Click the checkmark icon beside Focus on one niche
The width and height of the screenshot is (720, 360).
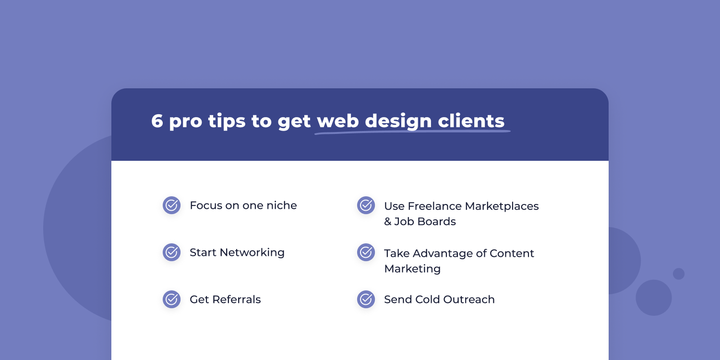tap(171, 205)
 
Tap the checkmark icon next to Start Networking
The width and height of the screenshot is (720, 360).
tap(171, 252)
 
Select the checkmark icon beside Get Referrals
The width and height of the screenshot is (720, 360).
tap(171, 300)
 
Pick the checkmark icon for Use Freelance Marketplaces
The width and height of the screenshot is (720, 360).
tap(366, 205)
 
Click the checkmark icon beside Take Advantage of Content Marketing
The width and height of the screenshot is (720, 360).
tap(366, 252)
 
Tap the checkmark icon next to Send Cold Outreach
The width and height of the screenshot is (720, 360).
tap(366, 300)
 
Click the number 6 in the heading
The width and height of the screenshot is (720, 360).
tap(157, 121)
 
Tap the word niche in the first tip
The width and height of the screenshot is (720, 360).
tap(282, 205)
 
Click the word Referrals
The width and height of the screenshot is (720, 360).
tap(237, 300)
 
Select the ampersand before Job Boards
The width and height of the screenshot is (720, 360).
tap(387, 222)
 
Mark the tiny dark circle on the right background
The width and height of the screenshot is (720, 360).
tap(678, 274)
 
